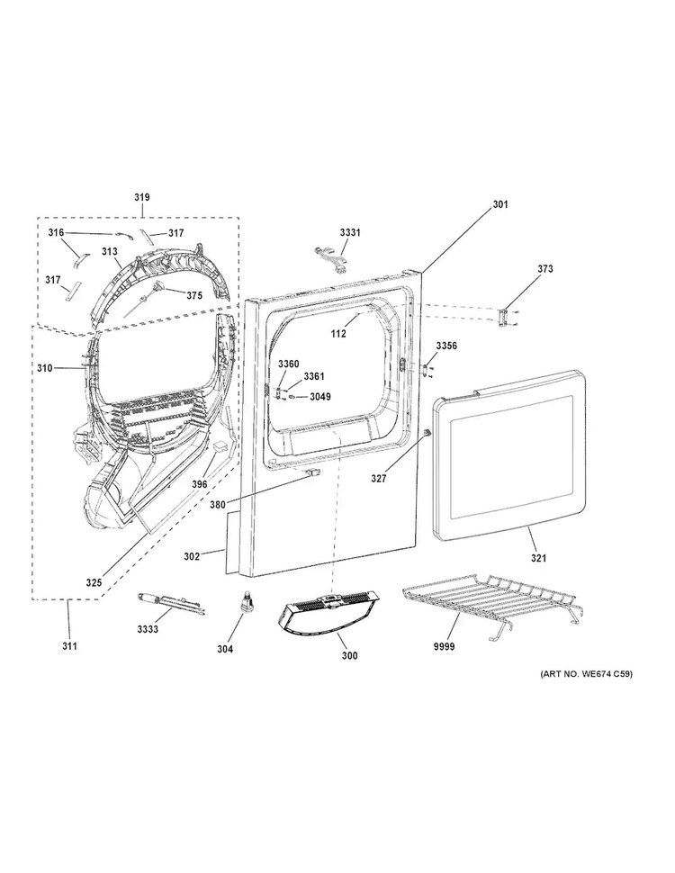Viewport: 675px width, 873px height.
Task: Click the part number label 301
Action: [x=500, y=204]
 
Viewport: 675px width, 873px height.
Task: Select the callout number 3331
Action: [x=350, y=232]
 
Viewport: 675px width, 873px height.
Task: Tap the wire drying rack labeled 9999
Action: [x=491, y=605]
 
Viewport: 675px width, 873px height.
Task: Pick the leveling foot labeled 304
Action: [x=244, y=603]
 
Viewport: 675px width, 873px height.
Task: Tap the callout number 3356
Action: [x=446, y=346]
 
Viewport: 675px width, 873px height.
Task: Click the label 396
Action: [x=200, y=484]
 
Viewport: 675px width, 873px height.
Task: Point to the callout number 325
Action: [x=94, y=582]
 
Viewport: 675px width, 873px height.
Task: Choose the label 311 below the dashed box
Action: [x=69, y=646]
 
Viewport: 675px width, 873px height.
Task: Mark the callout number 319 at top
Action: [x=142, y=197]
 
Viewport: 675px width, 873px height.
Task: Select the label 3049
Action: [x=320, y=397]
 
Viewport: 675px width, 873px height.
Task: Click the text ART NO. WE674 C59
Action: [x=586, y=674]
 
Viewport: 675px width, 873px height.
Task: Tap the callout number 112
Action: [x=338, y=334]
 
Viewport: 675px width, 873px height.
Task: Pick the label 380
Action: [x=218, y=506]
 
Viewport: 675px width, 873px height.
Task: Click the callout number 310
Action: [x=45, y=368]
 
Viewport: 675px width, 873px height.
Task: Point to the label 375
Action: [x=194, y=296]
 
